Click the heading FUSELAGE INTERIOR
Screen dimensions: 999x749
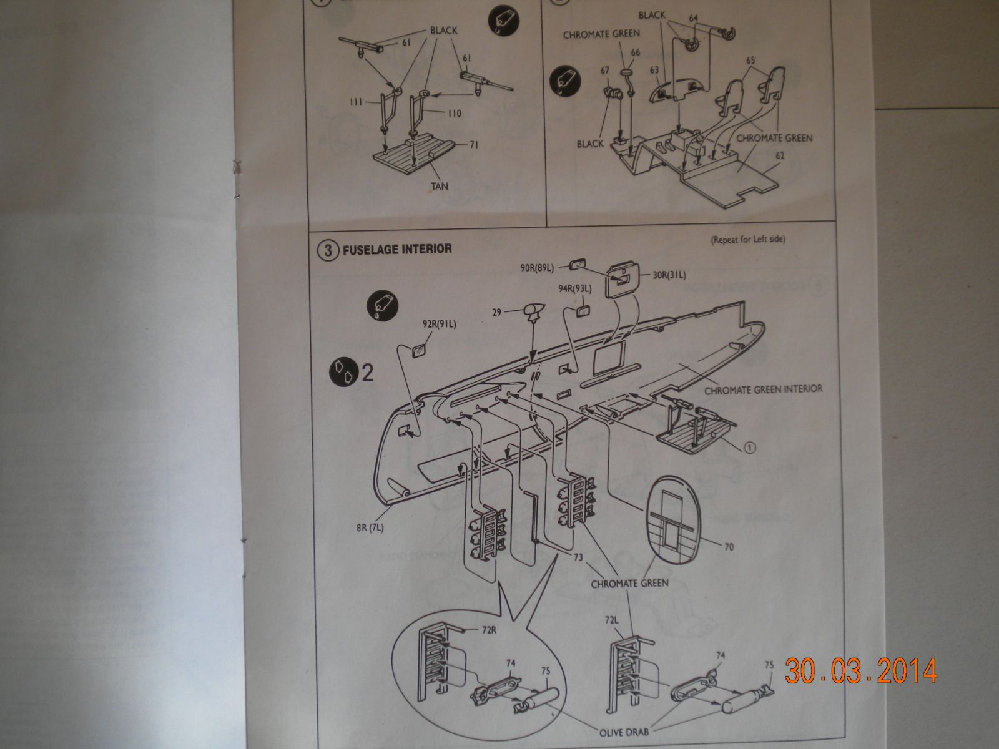(x=396, y=248)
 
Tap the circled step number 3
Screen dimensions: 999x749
(x=326, y=249)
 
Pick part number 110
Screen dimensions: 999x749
(x=454, y=113)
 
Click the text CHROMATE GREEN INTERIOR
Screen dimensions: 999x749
(x=763, y=388)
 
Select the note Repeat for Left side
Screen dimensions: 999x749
(x=747, y=239)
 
